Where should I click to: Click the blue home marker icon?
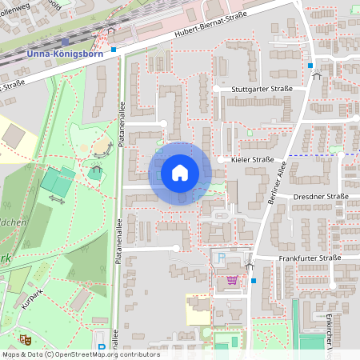(179, 173)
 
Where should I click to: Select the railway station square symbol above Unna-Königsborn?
(64, 42)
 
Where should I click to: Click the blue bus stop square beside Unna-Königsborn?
(114, 50)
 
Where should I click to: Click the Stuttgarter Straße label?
(263, 91)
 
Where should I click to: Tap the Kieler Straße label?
(252, 160)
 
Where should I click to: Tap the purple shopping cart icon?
(232, 281)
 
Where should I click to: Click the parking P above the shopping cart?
(221, 258)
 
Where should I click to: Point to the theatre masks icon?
(24, 340)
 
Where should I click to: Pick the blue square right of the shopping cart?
(254, 281)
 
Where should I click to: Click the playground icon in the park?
(97, 170)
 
